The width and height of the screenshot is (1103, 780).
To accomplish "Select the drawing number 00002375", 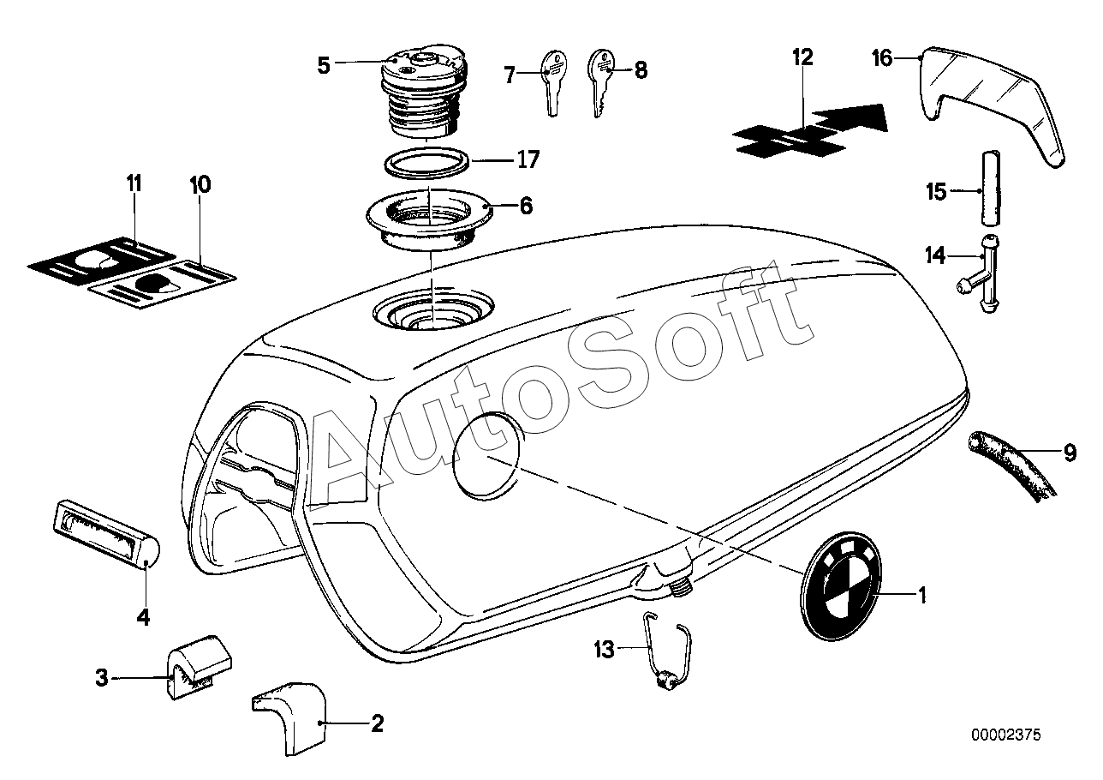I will click(x=1005, y=735).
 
